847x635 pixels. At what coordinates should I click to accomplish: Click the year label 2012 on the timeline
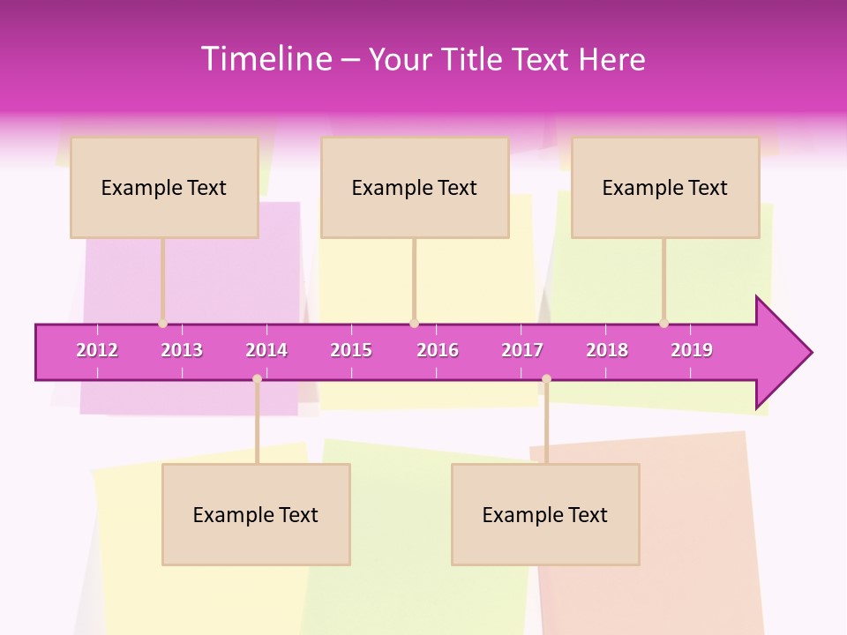tap(97, 350)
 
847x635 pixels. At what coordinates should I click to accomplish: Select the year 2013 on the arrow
tap(182, 350)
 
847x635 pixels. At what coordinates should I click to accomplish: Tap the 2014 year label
tap(266, 350)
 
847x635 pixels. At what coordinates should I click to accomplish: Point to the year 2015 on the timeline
tap(351, 350)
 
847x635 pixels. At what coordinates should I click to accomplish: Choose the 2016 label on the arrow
tap(438, 350)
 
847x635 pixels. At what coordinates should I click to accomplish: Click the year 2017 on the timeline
tap(522, 350)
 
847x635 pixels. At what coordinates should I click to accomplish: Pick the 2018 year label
tap(607, 350)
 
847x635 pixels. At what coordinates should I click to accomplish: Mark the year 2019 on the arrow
tap(692, 350)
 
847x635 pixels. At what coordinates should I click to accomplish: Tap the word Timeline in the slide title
tap(265, 59)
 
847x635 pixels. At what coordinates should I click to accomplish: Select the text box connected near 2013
tap(164, 187)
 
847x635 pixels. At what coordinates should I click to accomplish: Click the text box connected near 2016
tap(415, 187)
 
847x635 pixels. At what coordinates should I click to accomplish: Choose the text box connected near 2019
tap(665, 187)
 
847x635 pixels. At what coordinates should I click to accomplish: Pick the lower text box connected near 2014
tap(256, 514)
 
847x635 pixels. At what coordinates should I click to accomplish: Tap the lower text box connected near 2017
tap(545, 514)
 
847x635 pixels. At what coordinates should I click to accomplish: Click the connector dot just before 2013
tap(162, 324)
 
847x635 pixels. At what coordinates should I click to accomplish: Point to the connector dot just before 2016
tap(414, 324)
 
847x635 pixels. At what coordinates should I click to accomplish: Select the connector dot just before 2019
tap(663, 324)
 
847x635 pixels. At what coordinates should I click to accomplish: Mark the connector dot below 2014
tap(257, 379)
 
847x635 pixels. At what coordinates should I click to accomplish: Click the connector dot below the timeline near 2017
tap(546, 379)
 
